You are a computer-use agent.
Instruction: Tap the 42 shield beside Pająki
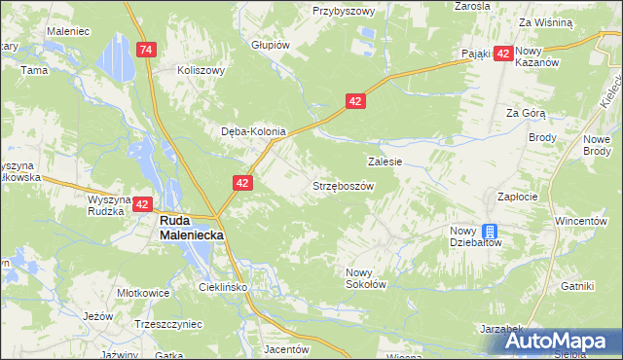(x=502, y=55)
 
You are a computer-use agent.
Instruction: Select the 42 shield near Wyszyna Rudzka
(x=143, y=204)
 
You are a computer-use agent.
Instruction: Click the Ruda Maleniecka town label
(x=193, y=228)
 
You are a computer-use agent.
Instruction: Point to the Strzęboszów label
(x=343, y=186)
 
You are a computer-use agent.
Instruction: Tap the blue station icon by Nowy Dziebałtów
(x=492, y=231)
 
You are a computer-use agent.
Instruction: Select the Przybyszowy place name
(x=344, y=11)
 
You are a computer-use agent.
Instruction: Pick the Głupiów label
(x=271, y=45)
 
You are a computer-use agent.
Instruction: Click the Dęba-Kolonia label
(x=253, y=131)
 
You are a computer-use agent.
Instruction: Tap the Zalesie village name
(x=385, y=162)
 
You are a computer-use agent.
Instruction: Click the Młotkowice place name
(x=143, y=292)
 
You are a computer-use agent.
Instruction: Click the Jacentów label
(x=286, y=348)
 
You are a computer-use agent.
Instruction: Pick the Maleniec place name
(x=68, y=31)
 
